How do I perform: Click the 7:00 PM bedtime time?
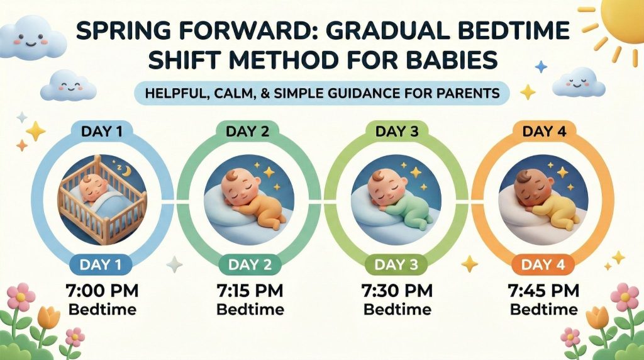tap(103, 291)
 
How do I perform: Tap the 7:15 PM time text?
tap(250, 291)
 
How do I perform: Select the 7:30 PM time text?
tap(397, 291)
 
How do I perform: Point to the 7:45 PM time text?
tap(543, 291)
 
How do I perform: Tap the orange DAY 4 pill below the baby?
tap(543, 265)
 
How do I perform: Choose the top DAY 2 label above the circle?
tap(250, 132)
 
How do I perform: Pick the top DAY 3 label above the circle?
tap(397, 132)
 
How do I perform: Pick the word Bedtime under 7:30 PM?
tap(397, 310)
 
